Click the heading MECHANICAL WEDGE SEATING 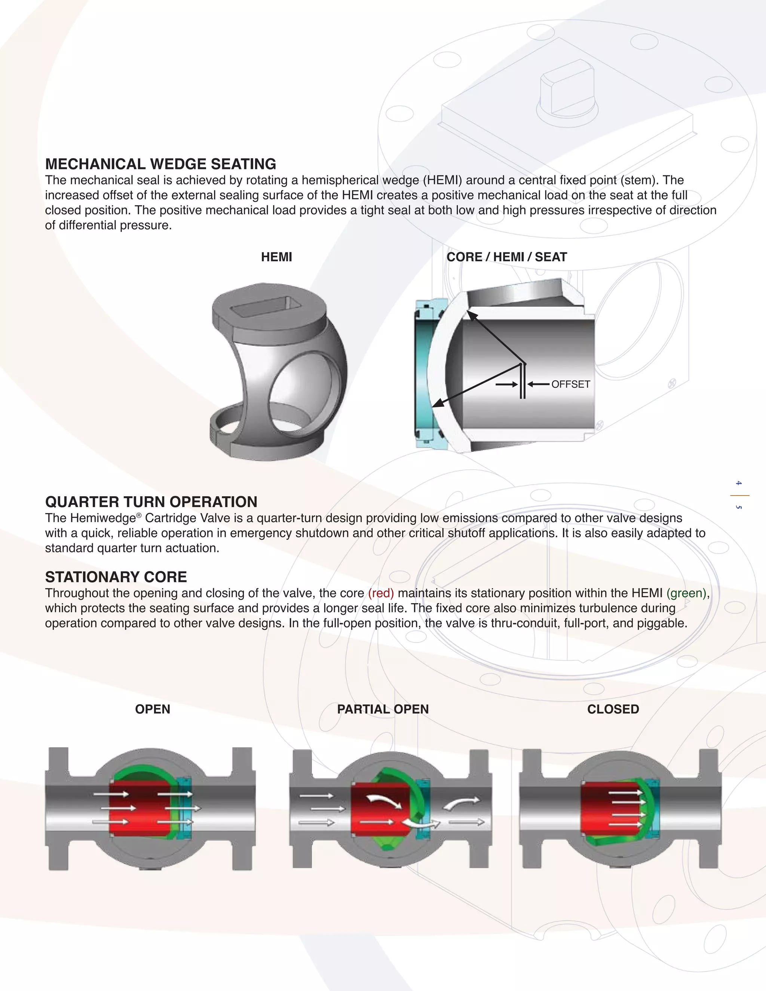[x=160, y=164]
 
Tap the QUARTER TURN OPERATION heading [x=151, y=502]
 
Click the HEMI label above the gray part [x=276, y=257]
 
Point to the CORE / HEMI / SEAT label [x=506, y=257]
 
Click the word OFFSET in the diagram [x=570, y=384]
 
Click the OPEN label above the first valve [x=153, y=709]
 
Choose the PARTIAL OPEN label [x=383, y=709]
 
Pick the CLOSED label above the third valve [x=613, y=709]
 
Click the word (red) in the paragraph [x=381, y=593]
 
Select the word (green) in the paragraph [x=686, y=593]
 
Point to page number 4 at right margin [x=739, y=483]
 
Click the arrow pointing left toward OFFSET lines [x=539, y=384]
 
